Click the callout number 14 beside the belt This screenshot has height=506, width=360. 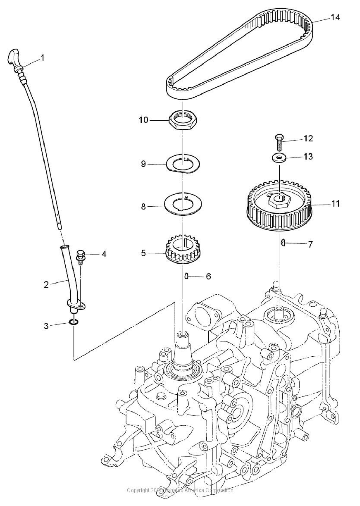click(335, 17)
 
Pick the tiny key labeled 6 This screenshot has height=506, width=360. click(187, 276)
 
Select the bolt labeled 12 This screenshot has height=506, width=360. click(279, 140)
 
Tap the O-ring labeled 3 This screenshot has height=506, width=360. click(74, 323)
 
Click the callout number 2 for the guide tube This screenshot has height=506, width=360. click(46, 285)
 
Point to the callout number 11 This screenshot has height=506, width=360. click(335, 204)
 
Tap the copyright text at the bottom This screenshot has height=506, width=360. click(180, 490)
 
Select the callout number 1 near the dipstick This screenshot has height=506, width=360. click(42, 58)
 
